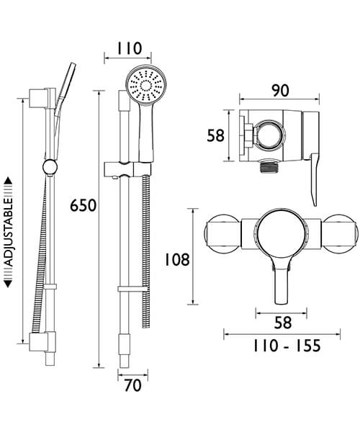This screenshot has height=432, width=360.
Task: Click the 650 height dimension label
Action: [x=83, y=206]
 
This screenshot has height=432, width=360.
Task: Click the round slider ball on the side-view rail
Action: [x=48, y=168]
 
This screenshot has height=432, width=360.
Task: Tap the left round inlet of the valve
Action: [x=220, y=236]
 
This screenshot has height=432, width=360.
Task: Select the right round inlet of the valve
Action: [x=336, y=236]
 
